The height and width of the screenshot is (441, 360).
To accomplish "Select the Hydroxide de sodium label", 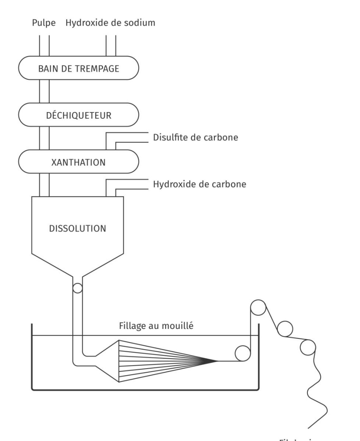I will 110,22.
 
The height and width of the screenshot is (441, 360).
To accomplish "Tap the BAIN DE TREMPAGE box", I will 78,68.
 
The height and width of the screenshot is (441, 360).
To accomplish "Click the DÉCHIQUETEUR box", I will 78,115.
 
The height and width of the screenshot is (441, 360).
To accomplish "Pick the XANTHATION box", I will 78,162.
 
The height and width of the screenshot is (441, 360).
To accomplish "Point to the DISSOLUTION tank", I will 78,228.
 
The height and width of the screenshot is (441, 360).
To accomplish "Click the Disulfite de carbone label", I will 195,137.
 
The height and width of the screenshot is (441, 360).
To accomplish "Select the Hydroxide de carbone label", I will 199,184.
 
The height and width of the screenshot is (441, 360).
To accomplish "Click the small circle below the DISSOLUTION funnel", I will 78,288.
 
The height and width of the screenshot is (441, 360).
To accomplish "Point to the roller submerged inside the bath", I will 243,353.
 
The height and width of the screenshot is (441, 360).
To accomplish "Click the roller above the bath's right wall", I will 258,308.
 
